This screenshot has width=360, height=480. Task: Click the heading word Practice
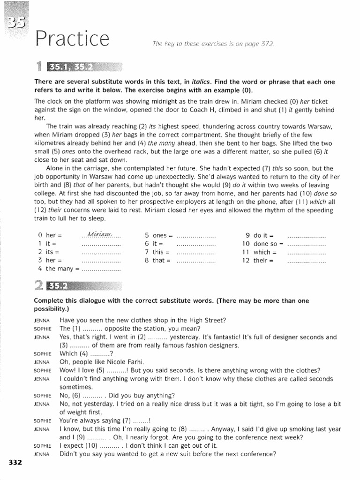pos(72,40)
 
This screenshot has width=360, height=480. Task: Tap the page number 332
pos(15,463)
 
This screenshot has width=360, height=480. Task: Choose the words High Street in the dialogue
pos(208,320)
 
